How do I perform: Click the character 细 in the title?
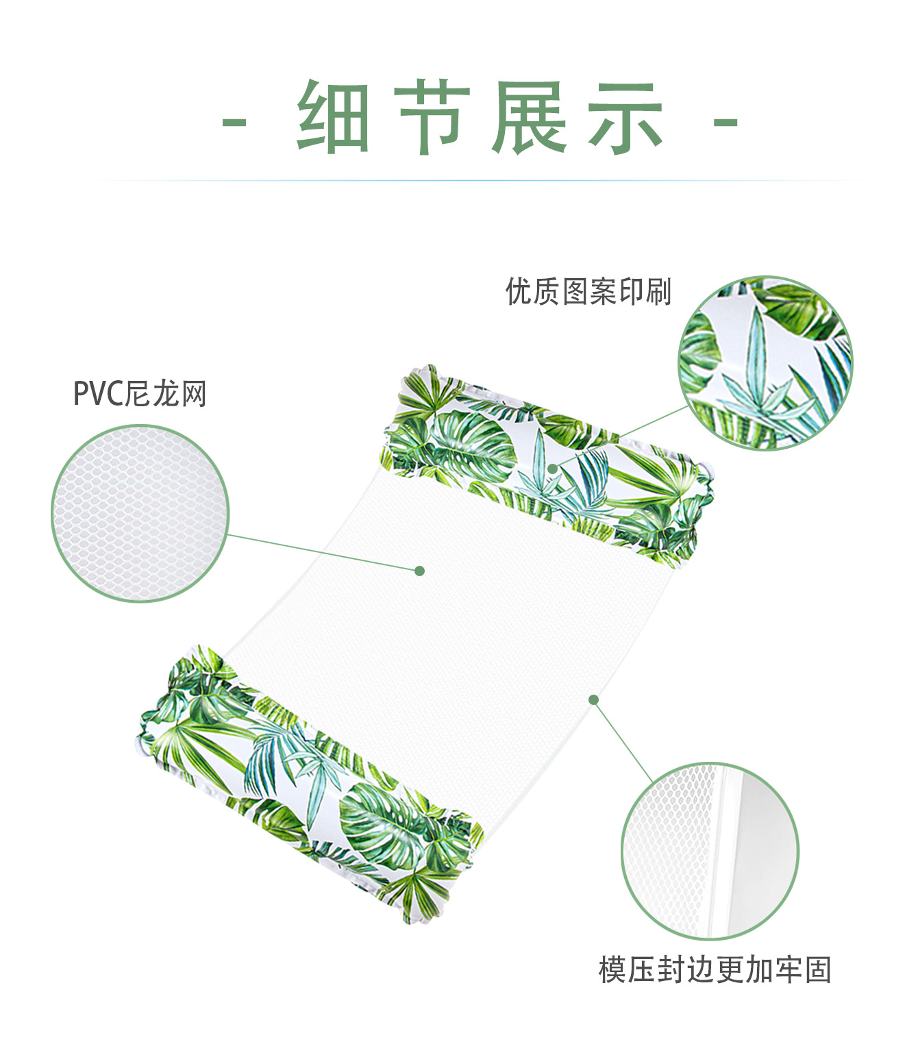click(x=334, y=117)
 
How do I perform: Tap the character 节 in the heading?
click(x=432, y=117)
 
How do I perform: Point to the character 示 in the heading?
click(x=625, y=117)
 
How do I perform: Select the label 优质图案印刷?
click(x=588, y=291)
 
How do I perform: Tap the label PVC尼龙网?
click(x=140, y=395)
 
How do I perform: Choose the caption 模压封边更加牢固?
click(x=715, y=970)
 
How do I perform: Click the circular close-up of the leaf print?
click(x=765, y=364)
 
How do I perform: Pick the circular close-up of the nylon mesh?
click(x=140, y=514)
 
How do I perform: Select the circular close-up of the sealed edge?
click(x=710, y=851)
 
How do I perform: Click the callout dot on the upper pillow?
click(x=552, y=468)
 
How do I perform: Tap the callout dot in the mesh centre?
click(x=420, y=571)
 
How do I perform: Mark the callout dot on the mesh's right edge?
click(x=594, y=699)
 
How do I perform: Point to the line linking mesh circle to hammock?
click(x=322, y=552)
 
